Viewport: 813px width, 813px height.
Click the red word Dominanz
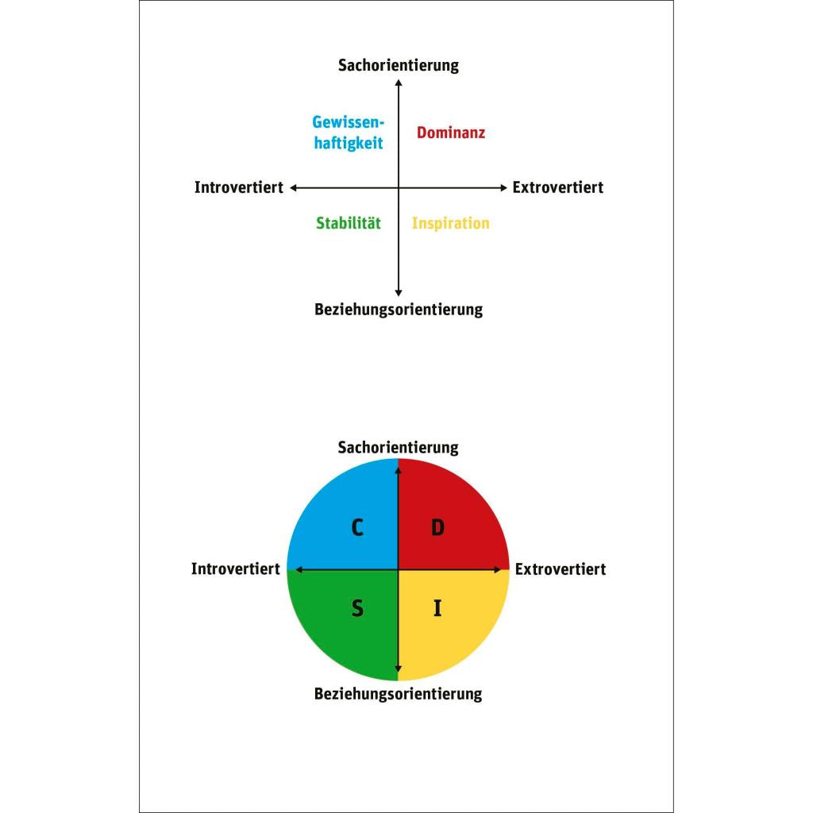click(451, 133)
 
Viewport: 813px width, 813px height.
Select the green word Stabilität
click(349, 223)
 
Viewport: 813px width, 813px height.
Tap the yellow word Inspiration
click(451, 223)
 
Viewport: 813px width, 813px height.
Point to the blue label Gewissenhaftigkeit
click(349, 133)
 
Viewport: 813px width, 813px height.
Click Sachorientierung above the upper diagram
click(399, 66)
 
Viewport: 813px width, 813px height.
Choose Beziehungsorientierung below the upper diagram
click(399, 310)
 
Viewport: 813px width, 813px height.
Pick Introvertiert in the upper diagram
click(238, 187)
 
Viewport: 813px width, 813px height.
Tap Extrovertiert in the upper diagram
click(558, 187)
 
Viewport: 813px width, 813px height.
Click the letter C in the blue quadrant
click(357, 528)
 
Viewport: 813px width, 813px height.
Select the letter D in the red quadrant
click(438, 528)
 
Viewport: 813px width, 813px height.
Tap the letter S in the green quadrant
click(357, 608)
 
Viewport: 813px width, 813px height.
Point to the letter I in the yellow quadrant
click(437, 608)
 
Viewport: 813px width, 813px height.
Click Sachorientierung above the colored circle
click(399, 448)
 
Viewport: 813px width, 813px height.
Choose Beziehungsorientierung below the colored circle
click(399, 694)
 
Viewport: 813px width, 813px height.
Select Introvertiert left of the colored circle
click(235, 568)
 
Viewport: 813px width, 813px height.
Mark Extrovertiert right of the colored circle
click(561, 569)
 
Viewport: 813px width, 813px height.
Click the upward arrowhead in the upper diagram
click(399, 83)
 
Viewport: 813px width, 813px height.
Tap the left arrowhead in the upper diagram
click(293, 187)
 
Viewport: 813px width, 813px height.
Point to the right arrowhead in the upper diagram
click(504, 187)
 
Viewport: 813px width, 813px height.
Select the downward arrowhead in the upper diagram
click(399, 294)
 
